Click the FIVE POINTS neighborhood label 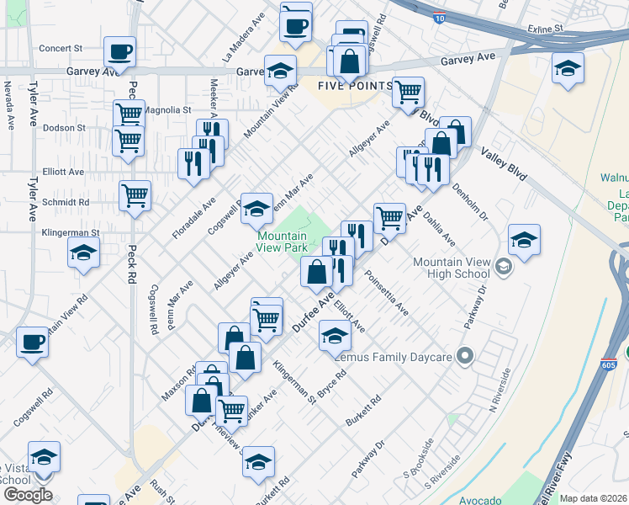pyautogui.click(x=355, y=86)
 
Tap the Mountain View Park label pyautogui.click(x=282, y=242)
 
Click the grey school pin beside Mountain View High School pyautogui.click(x=504, y=268)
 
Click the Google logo pyautogui.click(x=27, y=494)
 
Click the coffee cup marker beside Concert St pyautogui.click(x=120, y=51)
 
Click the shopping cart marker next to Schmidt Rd pyautogui.click(x=135, y=196)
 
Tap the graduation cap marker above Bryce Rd pyautogui.click(x=334, y=337)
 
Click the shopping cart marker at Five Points pyautogui.click(x=407, y=92)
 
